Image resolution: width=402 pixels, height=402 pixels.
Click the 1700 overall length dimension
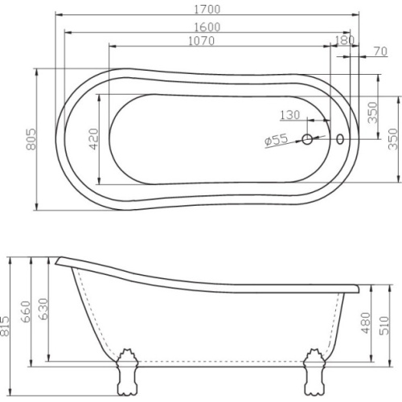[207, 10]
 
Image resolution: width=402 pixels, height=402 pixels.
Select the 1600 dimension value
[207, 27]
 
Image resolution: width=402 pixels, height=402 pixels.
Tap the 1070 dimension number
[202, 41]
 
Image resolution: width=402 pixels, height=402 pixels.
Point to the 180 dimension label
[345, 40]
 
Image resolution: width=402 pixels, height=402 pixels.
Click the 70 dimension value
[381, 51]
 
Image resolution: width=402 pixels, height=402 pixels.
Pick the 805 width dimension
[31, 139]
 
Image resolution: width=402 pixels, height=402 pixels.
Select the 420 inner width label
[94, 139]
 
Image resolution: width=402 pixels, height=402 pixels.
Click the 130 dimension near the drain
[290, 115]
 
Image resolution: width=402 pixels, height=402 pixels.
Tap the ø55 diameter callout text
[276, 140]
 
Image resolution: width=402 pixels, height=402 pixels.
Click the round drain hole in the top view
[307, 139]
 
